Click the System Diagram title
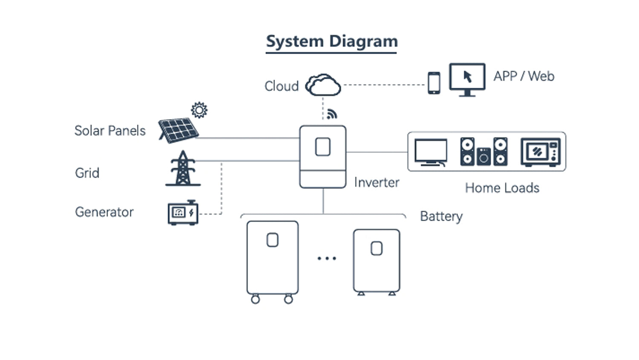click(331, 42)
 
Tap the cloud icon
click(323, 85)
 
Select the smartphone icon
click(434, 83)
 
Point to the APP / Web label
click(524, 76)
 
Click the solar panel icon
click(178, 130)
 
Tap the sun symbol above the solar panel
click(199, 110)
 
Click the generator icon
click(183, 212)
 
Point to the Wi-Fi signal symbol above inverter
click(332, 114)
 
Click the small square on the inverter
click(322, 147)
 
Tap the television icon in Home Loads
click(431, 152)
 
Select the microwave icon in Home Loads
click(541, 152)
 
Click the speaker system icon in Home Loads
click(484, 152)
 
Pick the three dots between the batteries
click(327, 258)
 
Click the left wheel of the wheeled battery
click(255, 299)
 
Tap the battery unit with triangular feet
click(377, 261)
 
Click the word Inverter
click(377, 182)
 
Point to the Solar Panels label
click(110, 130)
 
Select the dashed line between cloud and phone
click(383, 85)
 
